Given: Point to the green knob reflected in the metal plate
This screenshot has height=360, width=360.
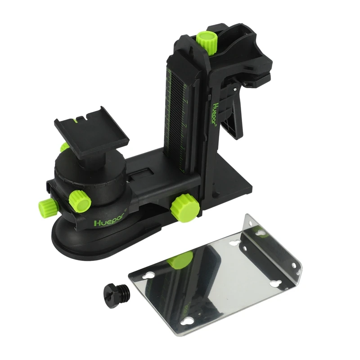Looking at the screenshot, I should point(180,261).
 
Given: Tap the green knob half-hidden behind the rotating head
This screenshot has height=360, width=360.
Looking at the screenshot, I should point(65,147).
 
